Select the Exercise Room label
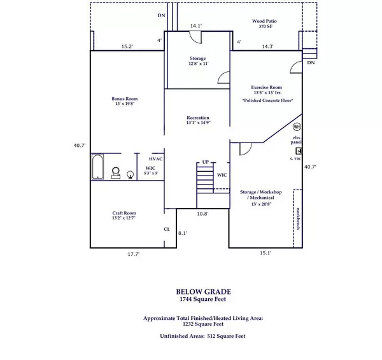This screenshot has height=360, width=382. (x=267, y=90)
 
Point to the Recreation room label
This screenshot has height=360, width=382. (x=198, y=120)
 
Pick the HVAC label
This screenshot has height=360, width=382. (x=156, y=158)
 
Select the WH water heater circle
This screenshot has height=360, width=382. (x=297, y=126)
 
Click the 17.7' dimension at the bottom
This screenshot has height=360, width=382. (x=134, y=254)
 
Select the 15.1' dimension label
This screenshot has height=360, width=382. (x=265, y=253)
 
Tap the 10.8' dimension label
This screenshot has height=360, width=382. (x=202, y=214)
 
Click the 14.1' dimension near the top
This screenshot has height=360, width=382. (x=197, y=26)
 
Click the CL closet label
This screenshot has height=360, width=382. (x=167, y=229)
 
